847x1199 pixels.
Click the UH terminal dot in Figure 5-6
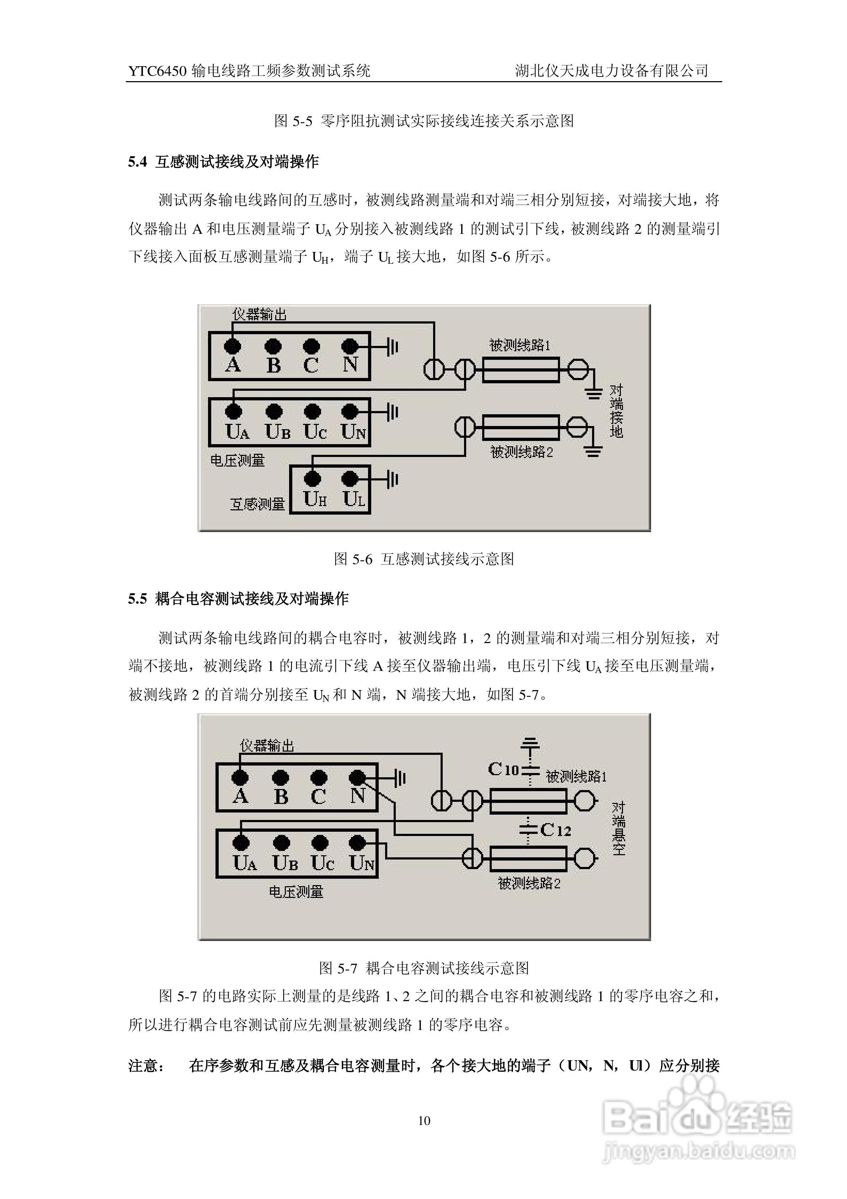(312, 478)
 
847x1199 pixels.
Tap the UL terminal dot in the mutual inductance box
(350, 478)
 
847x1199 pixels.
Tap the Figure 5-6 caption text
(424, 559)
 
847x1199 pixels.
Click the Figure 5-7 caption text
(424, 968)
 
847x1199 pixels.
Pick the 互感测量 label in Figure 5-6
(258, 504)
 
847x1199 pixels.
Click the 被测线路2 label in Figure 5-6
(521, 452)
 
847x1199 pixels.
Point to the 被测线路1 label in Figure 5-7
(576, 777)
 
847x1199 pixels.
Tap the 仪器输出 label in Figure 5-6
(259, 314)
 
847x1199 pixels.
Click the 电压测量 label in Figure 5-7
(296, 892)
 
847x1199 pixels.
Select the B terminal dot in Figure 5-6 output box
(273, 346)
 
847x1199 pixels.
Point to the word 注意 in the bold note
(144, 1065)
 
